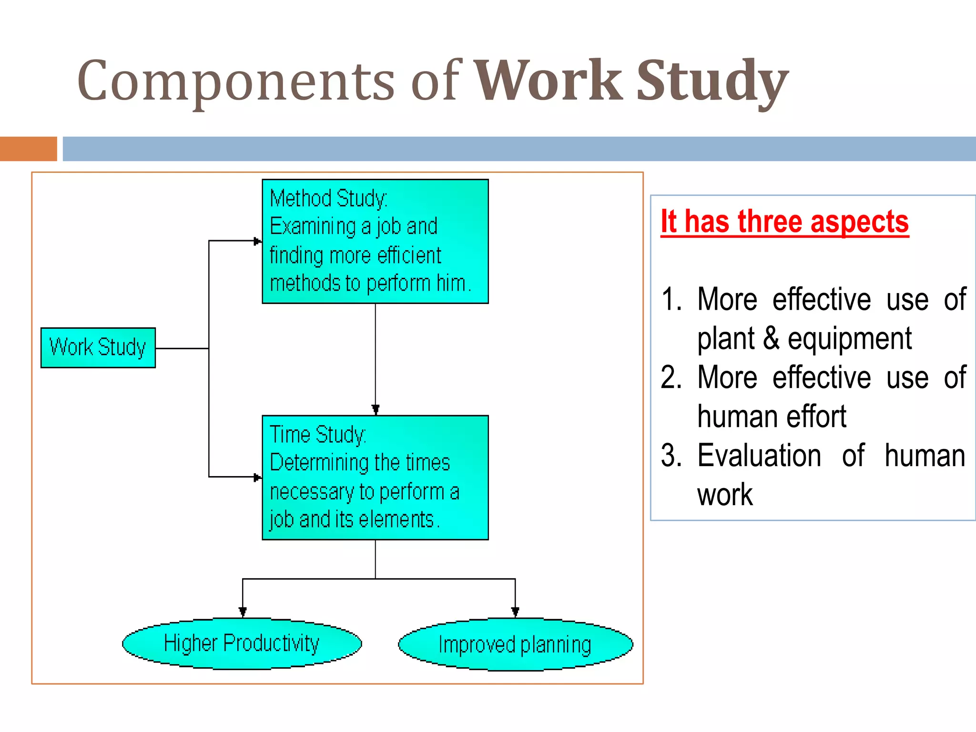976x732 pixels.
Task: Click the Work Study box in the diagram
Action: tap(98, 347)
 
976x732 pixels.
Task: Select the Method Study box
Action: tap(375, 241)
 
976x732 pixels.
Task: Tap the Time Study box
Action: tap(375, 478)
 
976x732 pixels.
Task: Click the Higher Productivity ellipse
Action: tap(242, 644)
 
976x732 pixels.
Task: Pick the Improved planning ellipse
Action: tap(515, 645)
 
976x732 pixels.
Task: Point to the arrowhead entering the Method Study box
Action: tap(258, 241)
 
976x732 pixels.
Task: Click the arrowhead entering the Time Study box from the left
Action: tap(258, 477)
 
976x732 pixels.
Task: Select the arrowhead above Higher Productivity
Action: tap(243, 612)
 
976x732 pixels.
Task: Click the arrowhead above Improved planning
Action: tap(515, 612)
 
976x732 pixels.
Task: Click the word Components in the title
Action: tap(236, 81)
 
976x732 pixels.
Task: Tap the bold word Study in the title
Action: tap(712, 81)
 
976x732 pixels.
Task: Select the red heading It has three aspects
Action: tap(784, 222)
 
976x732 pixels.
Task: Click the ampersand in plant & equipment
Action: tap(771, 338)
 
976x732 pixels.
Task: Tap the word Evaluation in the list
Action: tap(759, 455)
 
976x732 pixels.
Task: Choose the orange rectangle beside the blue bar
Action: tap(28, 149)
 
